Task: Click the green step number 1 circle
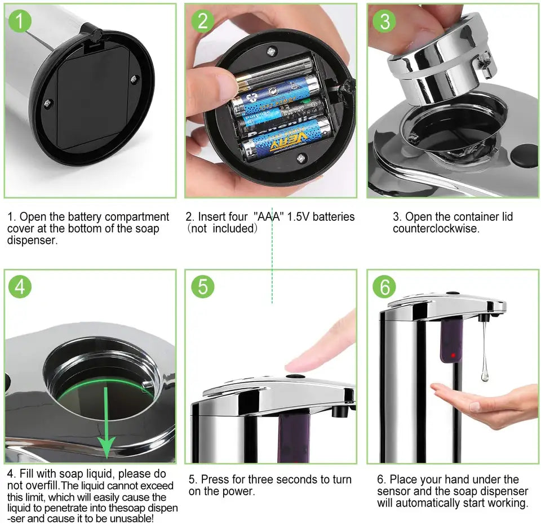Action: click(20, 21)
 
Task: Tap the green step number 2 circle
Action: click(203, 21)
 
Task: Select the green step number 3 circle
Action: click(385, 21)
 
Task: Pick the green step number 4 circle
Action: click(20, 286)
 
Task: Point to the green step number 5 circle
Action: click(203, 286)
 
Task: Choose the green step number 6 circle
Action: click(385, 286)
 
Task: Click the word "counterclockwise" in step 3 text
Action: click(436, 228)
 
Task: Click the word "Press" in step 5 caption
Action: click(215, 479)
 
